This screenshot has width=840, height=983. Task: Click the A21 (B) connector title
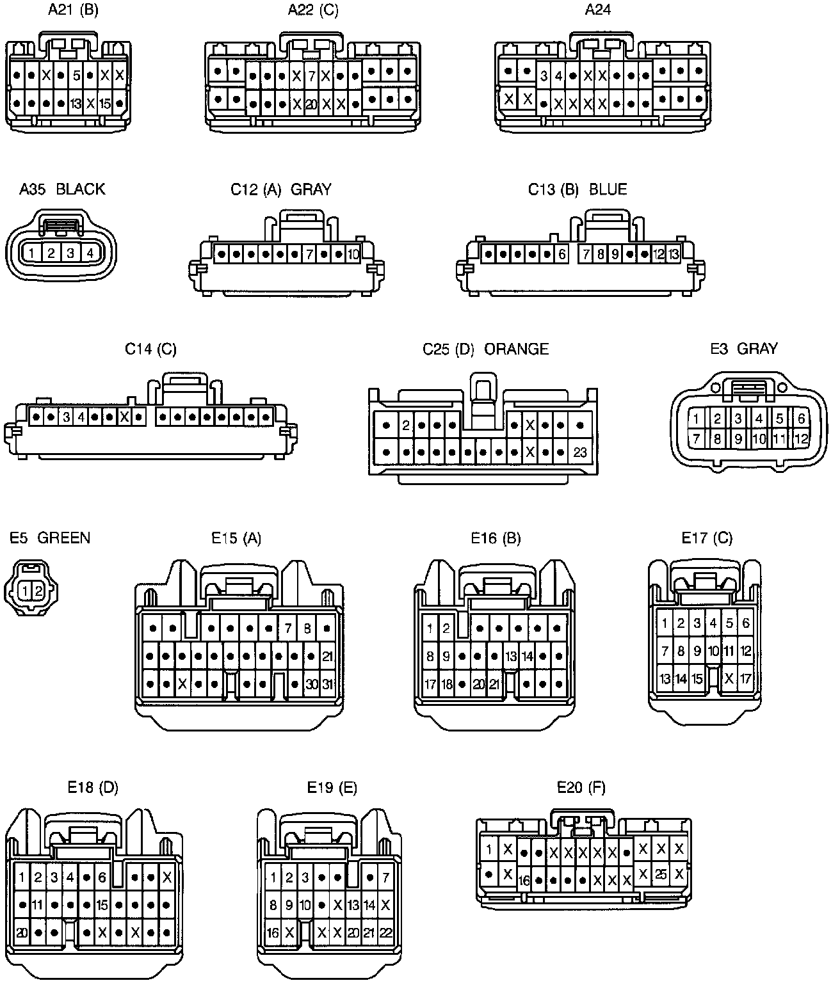tap(73, 10)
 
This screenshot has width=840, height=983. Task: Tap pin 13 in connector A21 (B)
tap(76, 103)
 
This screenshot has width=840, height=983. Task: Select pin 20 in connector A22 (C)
tap(311, 103)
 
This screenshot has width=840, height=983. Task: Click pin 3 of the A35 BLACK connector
tap(70, 253)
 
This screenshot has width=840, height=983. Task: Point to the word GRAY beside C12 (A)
tap(311, 189)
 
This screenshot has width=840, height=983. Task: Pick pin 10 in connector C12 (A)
tap(353, 254)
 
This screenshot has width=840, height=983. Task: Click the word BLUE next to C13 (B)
tap(608, 189)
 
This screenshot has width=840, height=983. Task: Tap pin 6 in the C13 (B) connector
tap(562, 254)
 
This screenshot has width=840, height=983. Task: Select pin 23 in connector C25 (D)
tap(580, 452)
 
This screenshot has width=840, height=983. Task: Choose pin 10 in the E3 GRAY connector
tap(759, 439)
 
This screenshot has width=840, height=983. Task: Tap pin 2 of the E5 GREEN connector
tap(38, 591)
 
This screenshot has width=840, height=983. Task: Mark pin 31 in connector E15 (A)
tap(327, 684)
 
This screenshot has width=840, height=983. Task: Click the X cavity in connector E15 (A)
tap(182, 684)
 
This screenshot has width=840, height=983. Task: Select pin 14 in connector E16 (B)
tap(527, 657)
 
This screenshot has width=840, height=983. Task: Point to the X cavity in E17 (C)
tap(729, 678)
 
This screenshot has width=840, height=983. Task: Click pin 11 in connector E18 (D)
tap(38, 905)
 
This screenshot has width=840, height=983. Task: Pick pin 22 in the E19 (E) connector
tap(385, 933)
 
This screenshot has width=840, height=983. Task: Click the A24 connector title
tap(598, 10)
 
